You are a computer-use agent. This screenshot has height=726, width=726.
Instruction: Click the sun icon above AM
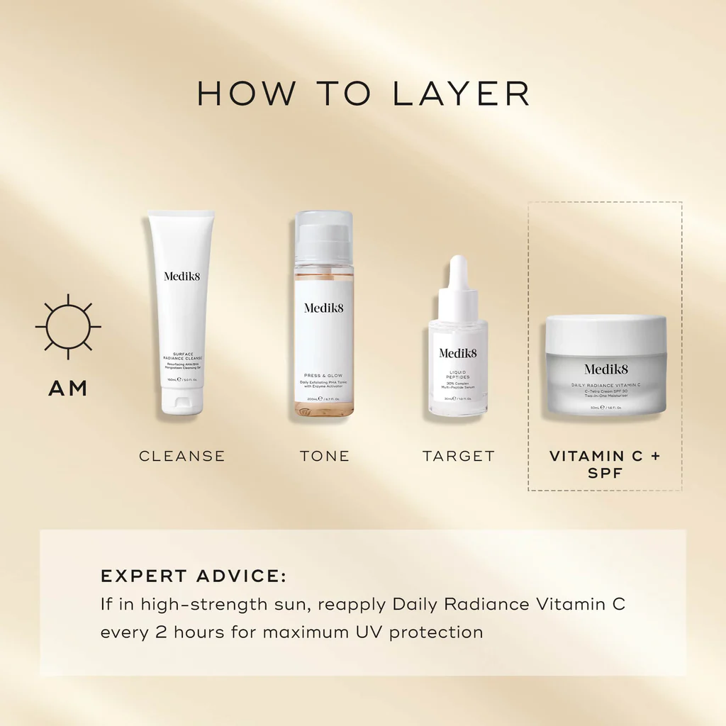pos(68,327)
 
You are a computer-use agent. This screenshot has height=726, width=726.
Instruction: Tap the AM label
pos(68,389)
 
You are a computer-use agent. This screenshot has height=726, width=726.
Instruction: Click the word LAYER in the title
pos(461,94)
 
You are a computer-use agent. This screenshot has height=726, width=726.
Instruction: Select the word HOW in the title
pos(240,94)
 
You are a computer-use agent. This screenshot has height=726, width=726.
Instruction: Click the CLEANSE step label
pos(182,456)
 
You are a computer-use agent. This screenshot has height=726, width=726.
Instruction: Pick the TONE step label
pos(325,456)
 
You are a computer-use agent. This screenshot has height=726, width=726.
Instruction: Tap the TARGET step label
pos(459,456)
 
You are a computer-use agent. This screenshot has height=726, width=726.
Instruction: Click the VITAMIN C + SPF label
pos(605,464)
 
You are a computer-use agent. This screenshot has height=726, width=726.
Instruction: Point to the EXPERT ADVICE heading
pos(194,576)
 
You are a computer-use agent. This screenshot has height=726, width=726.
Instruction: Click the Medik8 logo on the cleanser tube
pos(182,276)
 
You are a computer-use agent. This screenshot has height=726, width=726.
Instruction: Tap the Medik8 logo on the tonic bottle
pos(324,308)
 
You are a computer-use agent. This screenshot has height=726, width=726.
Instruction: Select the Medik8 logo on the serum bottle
pos(458,353)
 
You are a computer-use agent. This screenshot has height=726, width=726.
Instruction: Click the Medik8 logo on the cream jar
pos(606,369)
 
